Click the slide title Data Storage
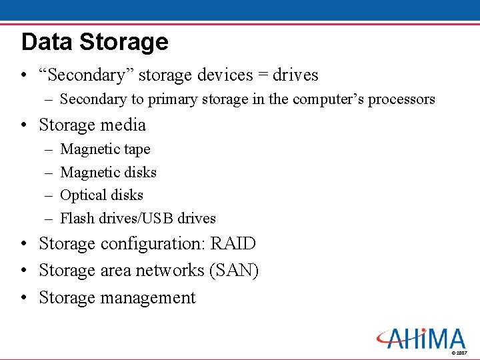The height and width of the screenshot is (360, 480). tap(95, 42)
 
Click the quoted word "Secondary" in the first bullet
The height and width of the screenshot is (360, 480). tap(79, 75)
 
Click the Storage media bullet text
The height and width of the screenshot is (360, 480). tap(92, 125)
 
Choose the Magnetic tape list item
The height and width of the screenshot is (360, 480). tap(105, 149)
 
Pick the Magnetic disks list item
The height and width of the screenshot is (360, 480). tap(108, 172)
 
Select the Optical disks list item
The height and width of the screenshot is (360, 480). tap(101, 195)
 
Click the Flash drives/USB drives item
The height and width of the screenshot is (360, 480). tap(138, 218)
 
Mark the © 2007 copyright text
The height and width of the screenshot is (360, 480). tap(459, 353)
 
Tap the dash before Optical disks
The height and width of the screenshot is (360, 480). tap(49, 195)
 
